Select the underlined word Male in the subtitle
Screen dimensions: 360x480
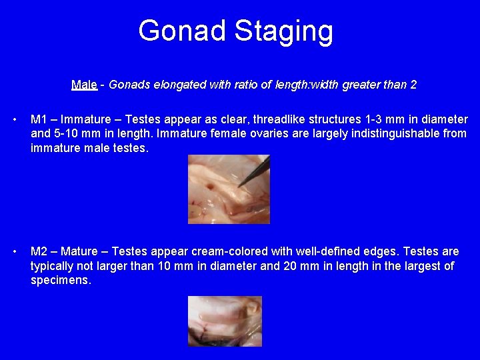coord(83,85)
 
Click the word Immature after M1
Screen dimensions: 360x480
coord(83,120)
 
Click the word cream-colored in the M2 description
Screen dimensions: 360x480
coord(229,252)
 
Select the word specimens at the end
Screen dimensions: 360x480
coord(60,281)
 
